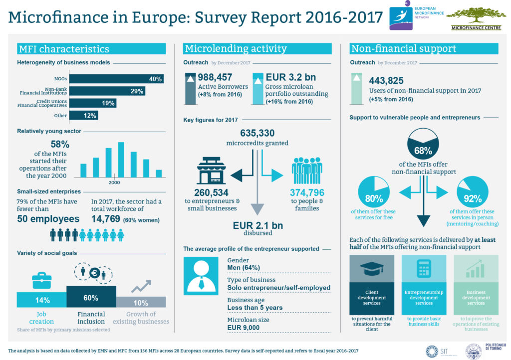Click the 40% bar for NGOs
point(116,79)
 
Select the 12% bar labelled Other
point(83,115)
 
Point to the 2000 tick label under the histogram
point(114,181)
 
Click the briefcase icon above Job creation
point(41,281)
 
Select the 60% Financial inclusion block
point(91,298)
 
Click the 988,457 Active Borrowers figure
point(219,77)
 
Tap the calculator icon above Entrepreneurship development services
point(424,270)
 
